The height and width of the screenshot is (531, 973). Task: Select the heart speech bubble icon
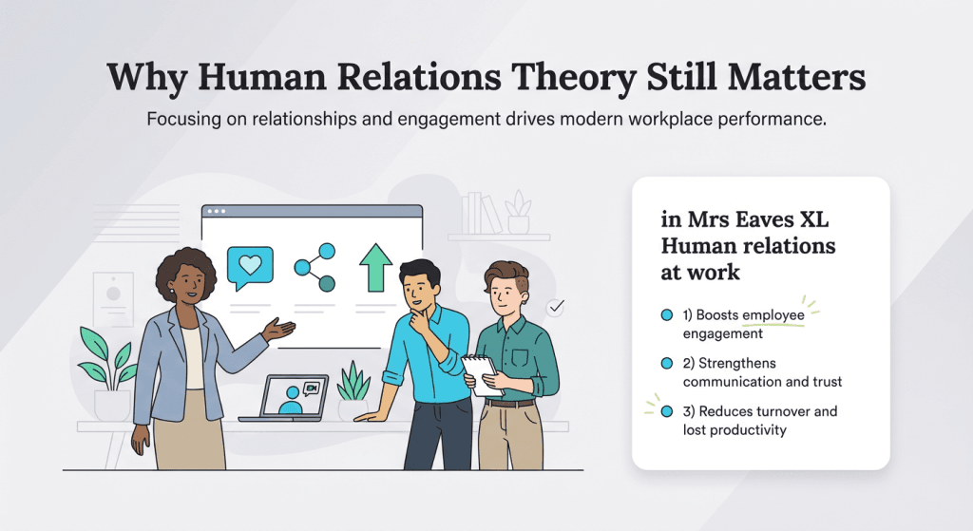[250, 266]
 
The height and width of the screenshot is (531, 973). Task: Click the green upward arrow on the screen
[375, 267]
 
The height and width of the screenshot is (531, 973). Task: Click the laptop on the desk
[285, 398]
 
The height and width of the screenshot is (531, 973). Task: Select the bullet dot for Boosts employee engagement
[666, 314]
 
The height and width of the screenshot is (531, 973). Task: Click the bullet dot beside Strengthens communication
[666, 363]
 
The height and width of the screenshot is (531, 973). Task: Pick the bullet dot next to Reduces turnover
[666, 411]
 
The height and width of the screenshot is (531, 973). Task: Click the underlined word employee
[773, 314]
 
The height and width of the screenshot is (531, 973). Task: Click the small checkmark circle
[556, 307]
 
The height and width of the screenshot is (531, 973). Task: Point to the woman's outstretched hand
[279, 330]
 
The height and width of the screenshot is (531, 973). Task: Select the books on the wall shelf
[481, 213]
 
